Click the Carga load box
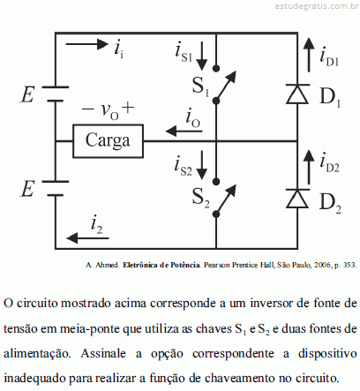click(108, 141)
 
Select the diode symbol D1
click(297, 94)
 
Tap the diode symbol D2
click(297, 199)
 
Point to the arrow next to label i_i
click(86, 44)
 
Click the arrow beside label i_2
click(87, 237)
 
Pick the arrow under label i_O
click(184, 131)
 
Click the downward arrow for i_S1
click(202, 56)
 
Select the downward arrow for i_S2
click(202, 165)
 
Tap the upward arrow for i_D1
click(309, 55)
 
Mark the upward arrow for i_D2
click(309, 167)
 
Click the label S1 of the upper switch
click(200, 86)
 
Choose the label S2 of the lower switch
click(200, 198)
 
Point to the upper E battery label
click(27, 94)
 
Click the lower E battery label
click(27, 189)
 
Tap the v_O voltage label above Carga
click(108, 110)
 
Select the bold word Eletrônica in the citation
click(140, 265)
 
